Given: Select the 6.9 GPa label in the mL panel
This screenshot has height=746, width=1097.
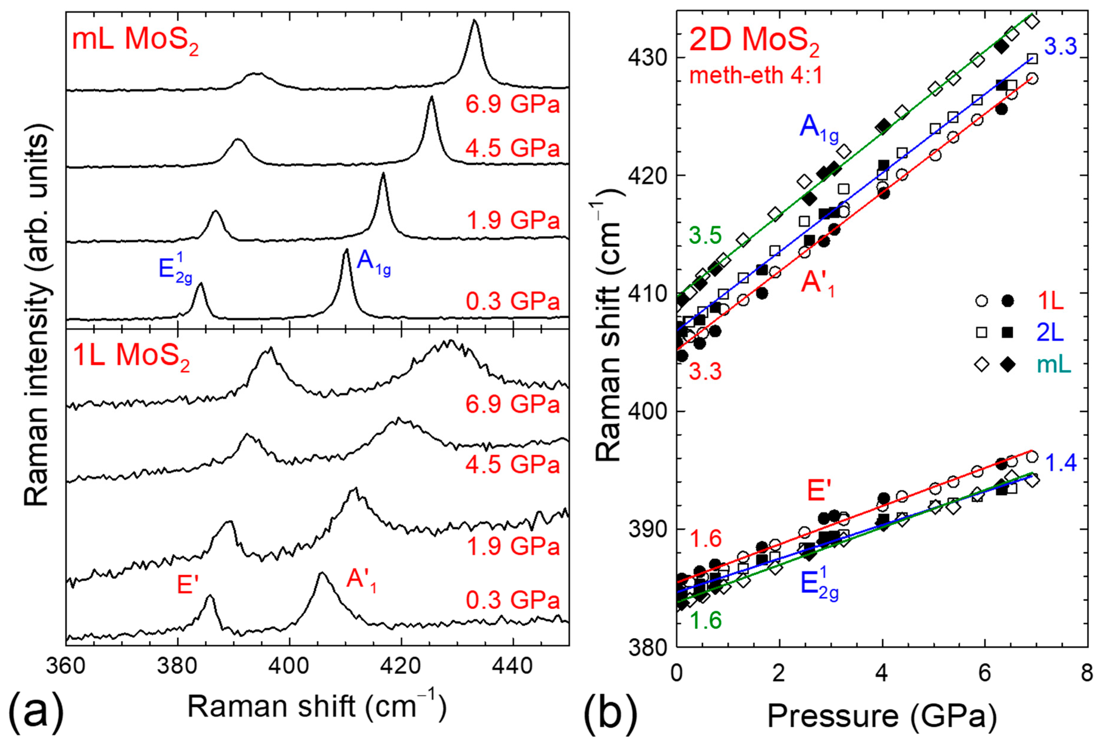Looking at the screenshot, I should (x=513, y=103).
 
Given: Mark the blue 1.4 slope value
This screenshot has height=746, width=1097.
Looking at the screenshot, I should (x=1061, y=463).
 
